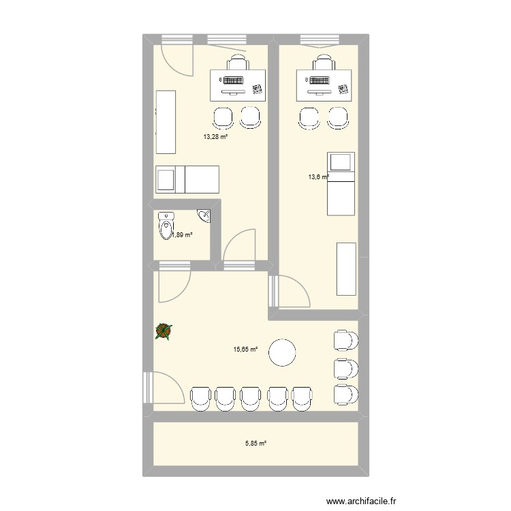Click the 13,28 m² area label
[215, 136]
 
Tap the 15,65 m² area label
[246, 350]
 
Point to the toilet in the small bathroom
[166, 226]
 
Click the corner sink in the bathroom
[205, 215]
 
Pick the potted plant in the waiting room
[164, 331]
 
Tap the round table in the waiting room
[282, 353]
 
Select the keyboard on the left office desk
[233, 81]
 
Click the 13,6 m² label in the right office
[318, 177]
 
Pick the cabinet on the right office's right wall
[347, 268]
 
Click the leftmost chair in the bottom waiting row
[202, 398]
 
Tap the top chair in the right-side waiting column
[345, 340]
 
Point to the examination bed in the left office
[187, 180]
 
